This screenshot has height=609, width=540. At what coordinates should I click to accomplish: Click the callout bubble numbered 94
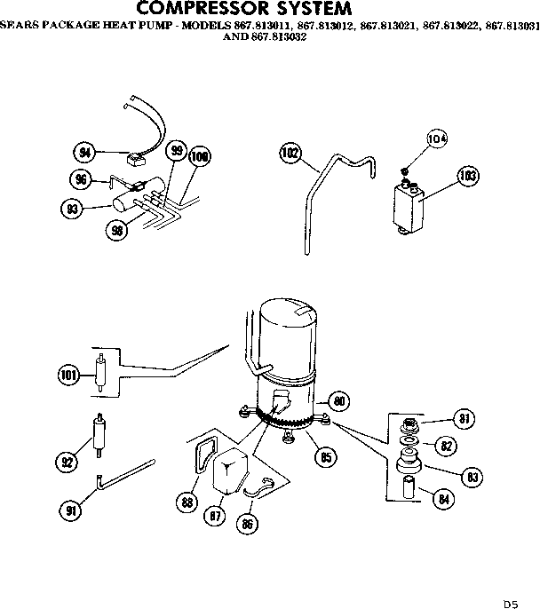pyautogui.click(x=85, y=153)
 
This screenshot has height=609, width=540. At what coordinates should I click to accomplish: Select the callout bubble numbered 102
pyautogui.click(x=289, y=153)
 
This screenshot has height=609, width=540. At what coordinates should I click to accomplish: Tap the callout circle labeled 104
pyautogui.click(x=436, y=138)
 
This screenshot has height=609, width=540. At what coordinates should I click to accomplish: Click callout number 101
pyautogui.click(x=68, y=376)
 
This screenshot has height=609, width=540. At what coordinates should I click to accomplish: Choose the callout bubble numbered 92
pyautogui.click(x=66, y=461)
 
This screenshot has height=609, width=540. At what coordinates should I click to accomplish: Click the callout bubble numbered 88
pyautogui.click(x=187, y=502)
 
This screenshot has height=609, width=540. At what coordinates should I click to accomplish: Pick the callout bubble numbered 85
pyautogui.click(x=326, y=458)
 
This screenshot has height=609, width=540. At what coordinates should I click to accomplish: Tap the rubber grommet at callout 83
pyautogui.click(x=409, y=463)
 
